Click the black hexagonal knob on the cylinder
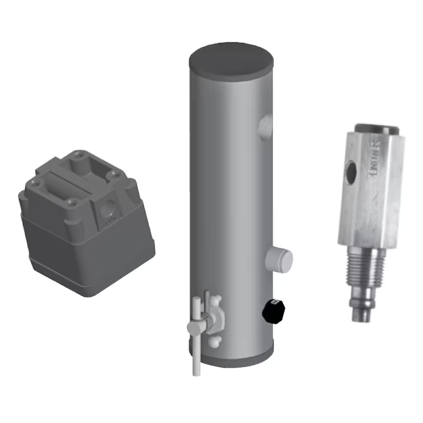click(x=274, y=311)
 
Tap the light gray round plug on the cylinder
click(x=280, y=259)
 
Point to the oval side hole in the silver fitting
click(x=351, y=171)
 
